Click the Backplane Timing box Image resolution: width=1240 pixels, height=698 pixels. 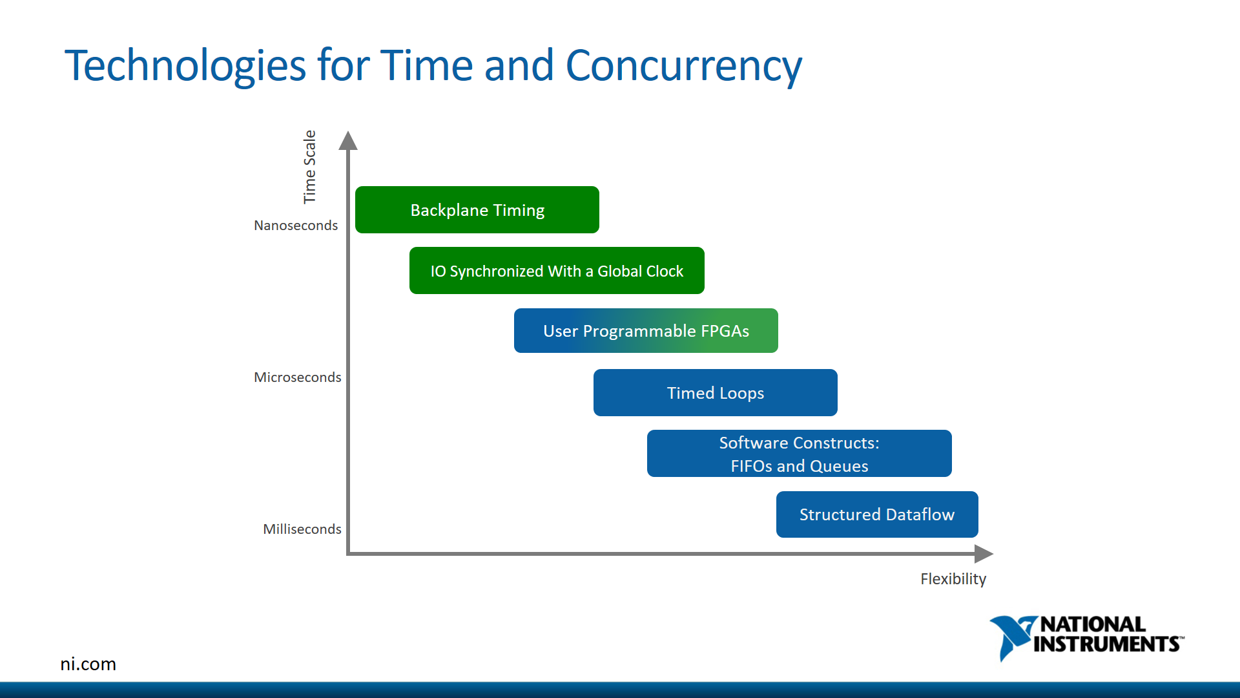[477, 210]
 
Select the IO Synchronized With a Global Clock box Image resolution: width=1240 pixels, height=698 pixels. [557, 271]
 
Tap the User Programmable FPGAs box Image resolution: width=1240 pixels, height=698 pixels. [646, 331]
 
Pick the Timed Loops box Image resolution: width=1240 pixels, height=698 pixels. [715, 393]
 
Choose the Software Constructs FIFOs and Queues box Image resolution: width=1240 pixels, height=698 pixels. [799, 454]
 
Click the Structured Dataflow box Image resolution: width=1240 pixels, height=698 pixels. [876, 514]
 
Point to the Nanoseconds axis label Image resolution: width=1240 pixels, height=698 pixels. [296, 226]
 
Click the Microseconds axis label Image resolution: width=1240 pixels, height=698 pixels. [297, 377]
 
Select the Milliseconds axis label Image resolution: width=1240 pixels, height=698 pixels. [302, 529]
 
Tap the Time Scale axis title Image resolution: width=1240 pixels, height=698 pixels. [310, 167]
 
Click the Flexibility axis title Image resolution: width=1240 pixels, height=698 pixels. [953, 579]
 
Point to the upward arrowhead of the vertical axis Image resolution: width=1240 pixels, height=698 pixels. [348, 140]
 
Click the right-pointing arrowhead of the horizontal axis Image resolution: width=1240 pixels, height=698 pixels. [983, 554]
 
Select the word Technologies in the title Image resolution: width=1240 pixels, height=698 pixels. [185, 66]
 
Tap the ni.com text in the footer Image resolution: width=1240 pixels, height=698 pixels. [88, 664]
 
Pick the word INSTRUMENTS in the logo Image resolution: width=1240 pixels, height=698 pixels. [1107, 644]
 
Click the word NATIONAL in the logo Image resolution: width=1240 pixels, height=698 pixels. [1093, 624]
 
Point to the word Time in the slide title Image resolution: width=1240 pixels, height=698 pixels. [426, 66]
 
